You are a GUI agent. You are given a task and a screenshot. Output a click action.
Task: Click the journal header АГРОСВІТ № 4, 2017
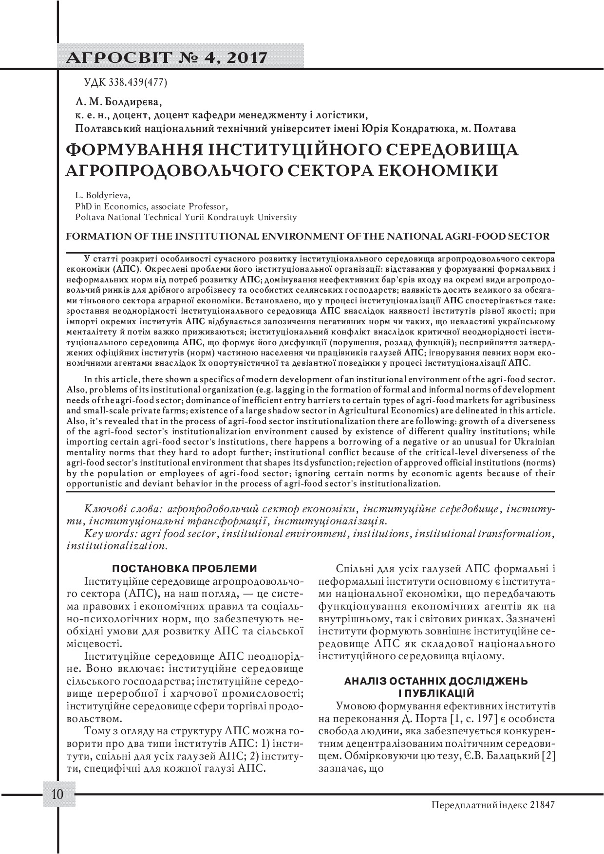pos(169,57)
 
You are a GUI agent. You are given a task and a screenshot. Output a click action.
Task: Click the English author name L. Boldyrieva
pos(102,196)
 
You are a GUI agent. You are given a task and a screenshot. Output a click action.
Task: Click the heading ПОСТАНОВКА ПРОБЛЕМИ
pos(185,568)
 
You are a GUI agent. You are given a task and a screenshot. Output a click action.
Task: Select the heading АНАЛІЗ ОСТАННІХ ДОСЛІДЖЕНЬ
pos(436,681)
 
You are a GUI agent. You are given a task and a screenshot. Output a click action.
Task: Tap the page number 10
pos(57,795)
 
